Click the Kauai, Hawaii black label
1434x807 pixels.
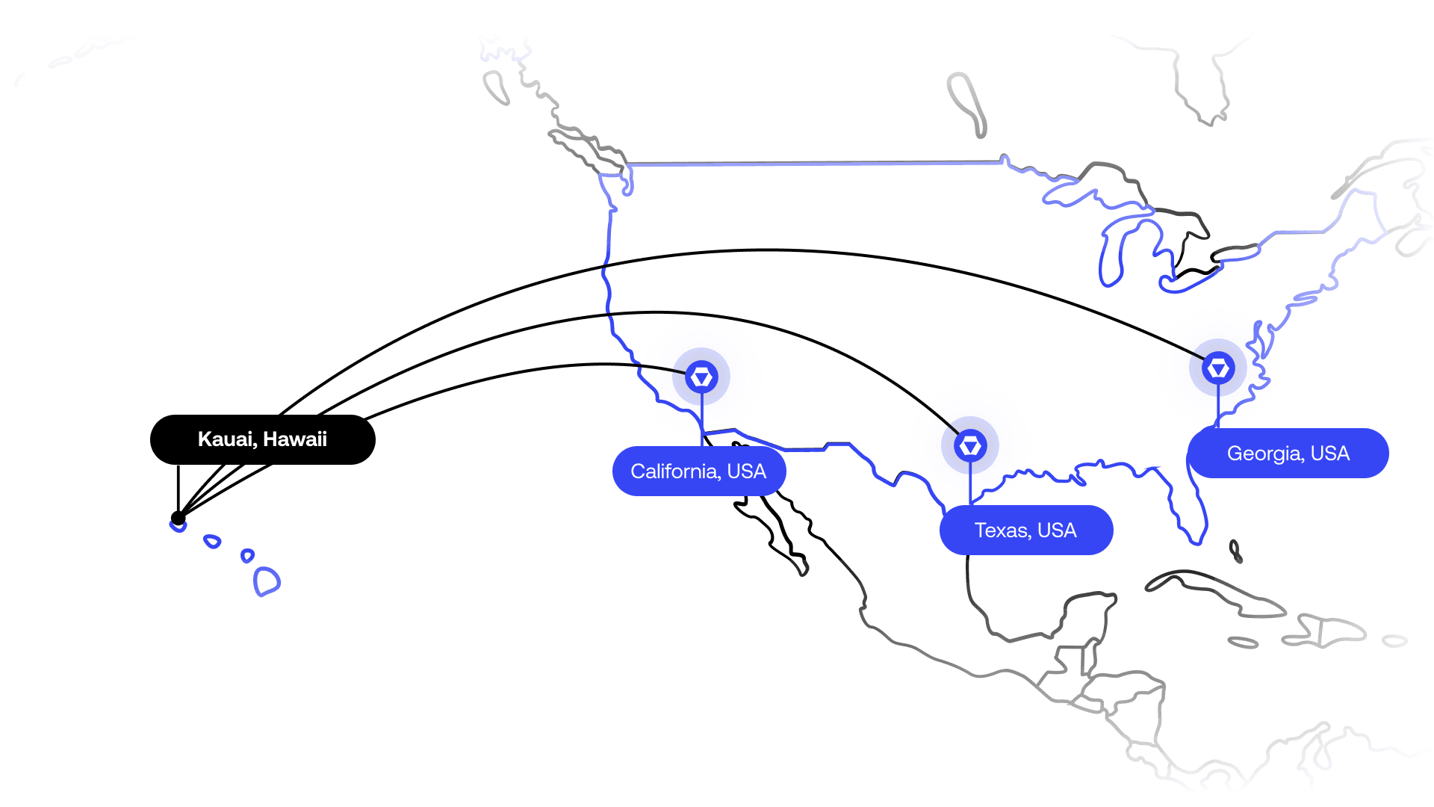[262, 439]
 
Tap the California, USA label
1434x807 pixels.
[699, 471]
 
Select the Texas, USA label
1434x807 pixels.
[1026, 530]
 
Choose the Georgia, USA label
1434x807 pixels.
[1288, 453]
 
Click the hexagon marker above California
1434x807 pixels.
[701, 377]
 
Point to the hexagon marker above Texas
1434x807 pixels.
[970, 445]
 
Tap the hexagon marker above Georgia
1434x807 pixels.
[1218, 368]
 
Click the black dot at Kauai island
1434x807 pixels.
[178, 518]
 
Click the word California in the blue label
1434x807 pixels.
[675, 471]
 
